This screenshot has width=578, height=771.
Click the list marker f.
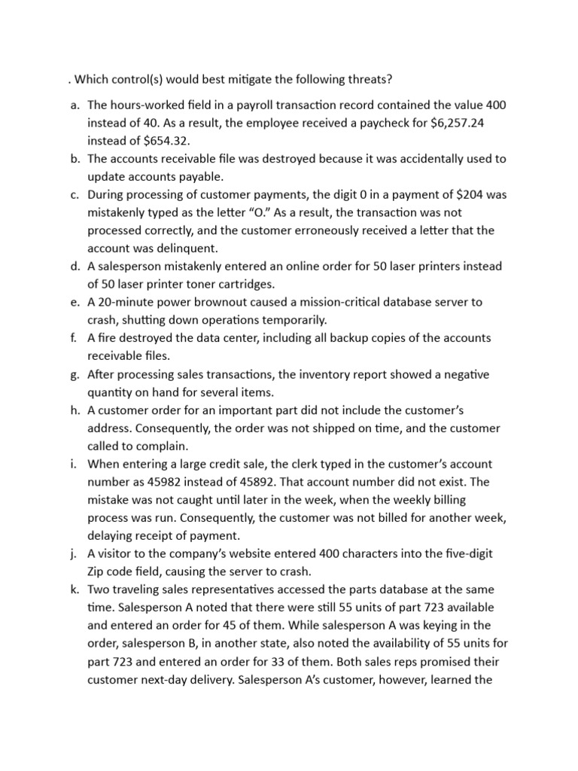click(75, 338)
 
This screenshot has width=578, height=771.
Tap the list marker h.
click(75, 410)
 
